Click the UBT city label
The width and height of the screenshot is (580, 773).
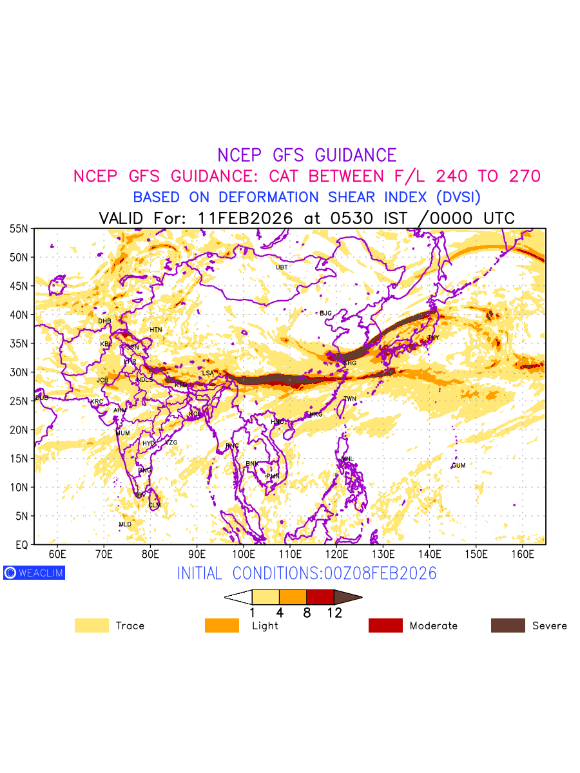click(x=282, y=267)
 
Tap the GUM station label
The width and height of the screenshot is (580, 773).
click(x=458, y=466)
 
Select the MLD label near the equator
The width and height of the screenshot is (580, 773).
click(x=125, y=525)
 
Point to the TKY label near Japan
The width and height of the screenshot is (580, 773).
click(x=433, y=338)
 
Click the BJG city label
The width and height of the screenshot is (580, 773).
click(x=325, y=314)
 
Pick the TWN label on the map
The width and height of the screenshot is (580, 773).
click(x=350, y=399)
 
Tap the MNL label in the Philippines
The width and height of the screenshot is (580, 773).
click(x=347, y=459)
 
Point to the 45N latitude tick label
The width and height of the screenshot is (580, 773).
click(x=19, y=286)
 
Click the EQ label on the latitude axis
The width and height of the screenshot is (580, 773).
click(x=21, y=545)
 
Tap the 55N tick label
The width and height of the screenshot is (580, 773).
click(x=19, y=229)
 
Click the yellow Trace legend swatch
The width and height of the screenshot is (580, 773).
click(x=92, y=625)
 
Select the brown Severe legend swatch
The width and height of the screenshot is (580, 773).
click(x=508, y=625)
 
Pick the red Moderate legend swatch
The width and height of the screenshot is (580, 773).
click(x=385, y=625)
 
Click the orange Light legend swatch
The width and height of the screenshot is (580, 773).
click(x=222, y=625)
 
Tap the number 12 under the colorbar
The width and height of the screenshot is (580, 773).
click(x=334, y=613)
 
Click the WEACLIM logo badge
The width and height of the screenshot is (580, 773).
click(x=34, y=573)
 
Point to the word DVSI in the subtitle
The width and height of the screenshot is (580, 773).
click(x=454, y=197)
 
